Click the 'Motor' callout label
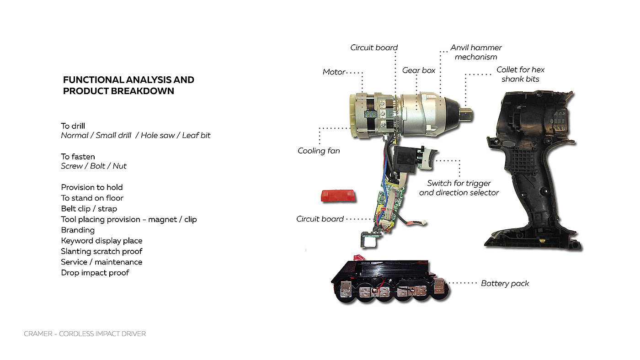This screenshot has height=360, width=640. [x=334, y=72]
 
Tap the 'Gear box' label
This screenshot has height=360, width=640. [x=419, y=70]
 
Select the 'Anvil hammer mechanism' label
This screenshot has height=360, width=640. [x=476, y=52]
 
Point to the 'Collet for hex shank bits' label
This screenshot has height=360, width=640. [x=520, y=74]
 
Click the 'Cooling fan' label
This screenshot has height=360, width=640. [x=319, y=151]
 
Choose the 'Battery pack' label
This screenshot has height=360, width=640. [x=505, y=284]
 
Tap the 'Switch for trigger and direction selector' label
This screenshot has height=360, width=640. [x=459, y=188]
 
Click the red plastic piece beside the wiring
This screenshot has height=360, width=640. [x=338, y=196]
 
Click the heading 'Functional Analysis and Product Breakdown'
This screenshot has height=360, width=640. [x=128, y=85]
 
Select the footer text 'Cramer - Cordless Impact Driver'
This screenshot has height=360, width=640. [x=85, y=334]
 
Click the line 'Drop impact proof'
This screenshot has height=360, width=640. [x=95, y=273]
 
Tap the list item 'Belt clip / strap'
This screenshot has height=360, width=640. [x=89, y=209]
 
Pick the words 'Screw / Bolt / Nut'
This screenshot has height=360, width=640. [x=93, y=166]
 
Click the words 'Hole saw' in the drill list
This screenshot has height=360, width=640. [x=157, y=135]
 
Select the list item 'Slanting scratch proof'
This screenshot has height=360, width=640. [x=101, y=251]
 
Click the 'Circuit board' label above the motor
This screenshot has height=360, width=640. [x=374, y=48]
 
